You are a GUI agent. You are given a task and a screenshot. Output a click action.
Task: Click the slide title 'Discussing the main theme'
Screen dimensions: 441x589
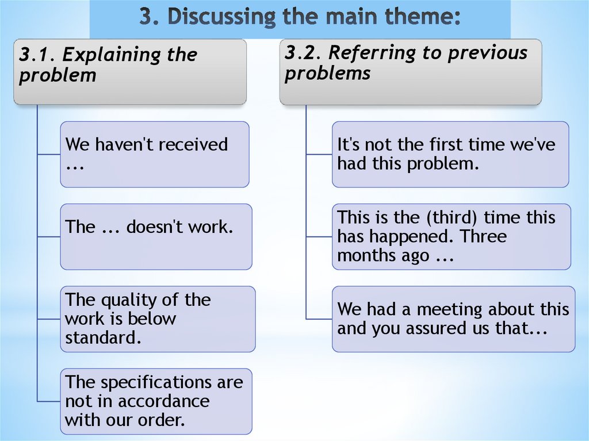pyautogui.click(x=300, y=17)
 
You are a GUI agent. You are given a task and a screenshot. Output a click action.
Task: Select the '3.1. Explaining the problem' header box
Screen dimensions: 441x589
pyautogui.click(x=130, y=71)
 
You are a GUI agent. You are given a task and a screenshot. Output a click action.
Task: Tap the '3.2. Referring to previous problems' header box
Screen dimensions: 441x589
pyautogui.click(x=410, y=71)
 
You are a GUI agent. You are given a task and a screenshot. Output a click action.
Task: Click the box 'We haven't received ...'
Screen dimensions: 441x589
pyautogui.click(x=154, y=154)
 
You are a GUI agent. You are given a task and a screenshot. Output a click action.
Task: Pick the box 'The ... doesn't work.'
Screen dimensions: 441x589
pyautogui.click(x=156, y=236)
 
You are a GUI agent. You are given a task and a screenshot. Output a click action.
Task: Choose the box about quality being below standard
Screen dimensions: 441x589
pyautogui.click(x=158, y=319)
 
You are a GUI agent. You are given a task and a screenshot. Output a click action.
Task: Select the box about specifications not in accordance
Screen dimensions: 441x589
pyautogui.click(x=156, y=401)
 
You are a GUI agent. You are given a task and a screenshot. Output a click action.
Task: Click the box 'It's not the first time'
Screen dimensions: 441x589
pyautogui.click(x=450, y=154)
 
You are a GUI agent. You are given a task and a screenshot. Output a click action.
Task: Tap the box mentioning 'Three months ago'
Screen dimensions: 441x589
pyautogui.click(x=451, y=236)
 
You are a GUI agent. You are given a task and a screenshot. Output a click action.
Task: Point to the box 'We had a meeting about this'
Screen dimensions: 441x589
pyautogui.click(x=453, y=319)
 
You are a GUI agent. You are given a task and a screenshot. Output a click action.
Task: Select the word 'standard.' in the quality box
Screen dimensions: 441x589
pyautogui.click(x=103, y=338)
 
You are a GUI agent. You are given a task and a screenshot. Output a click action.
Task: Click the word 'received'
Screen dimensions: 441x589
pyautogui.click(x=193, y=144)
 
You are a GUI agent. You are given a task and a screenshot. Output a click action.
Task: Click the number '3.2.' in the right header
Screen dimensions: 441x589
pyautogui.click(x=303, y=53)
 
